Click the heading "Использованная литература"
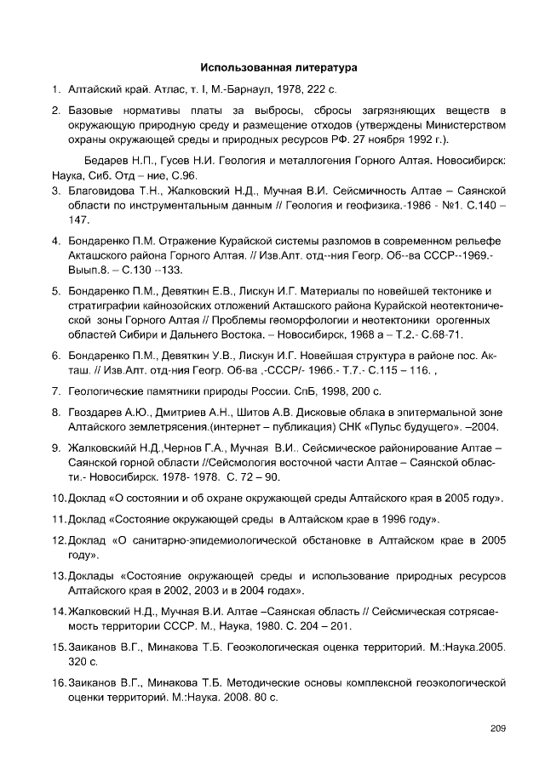pos(278,66)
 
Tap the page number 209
pos(498,727)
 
